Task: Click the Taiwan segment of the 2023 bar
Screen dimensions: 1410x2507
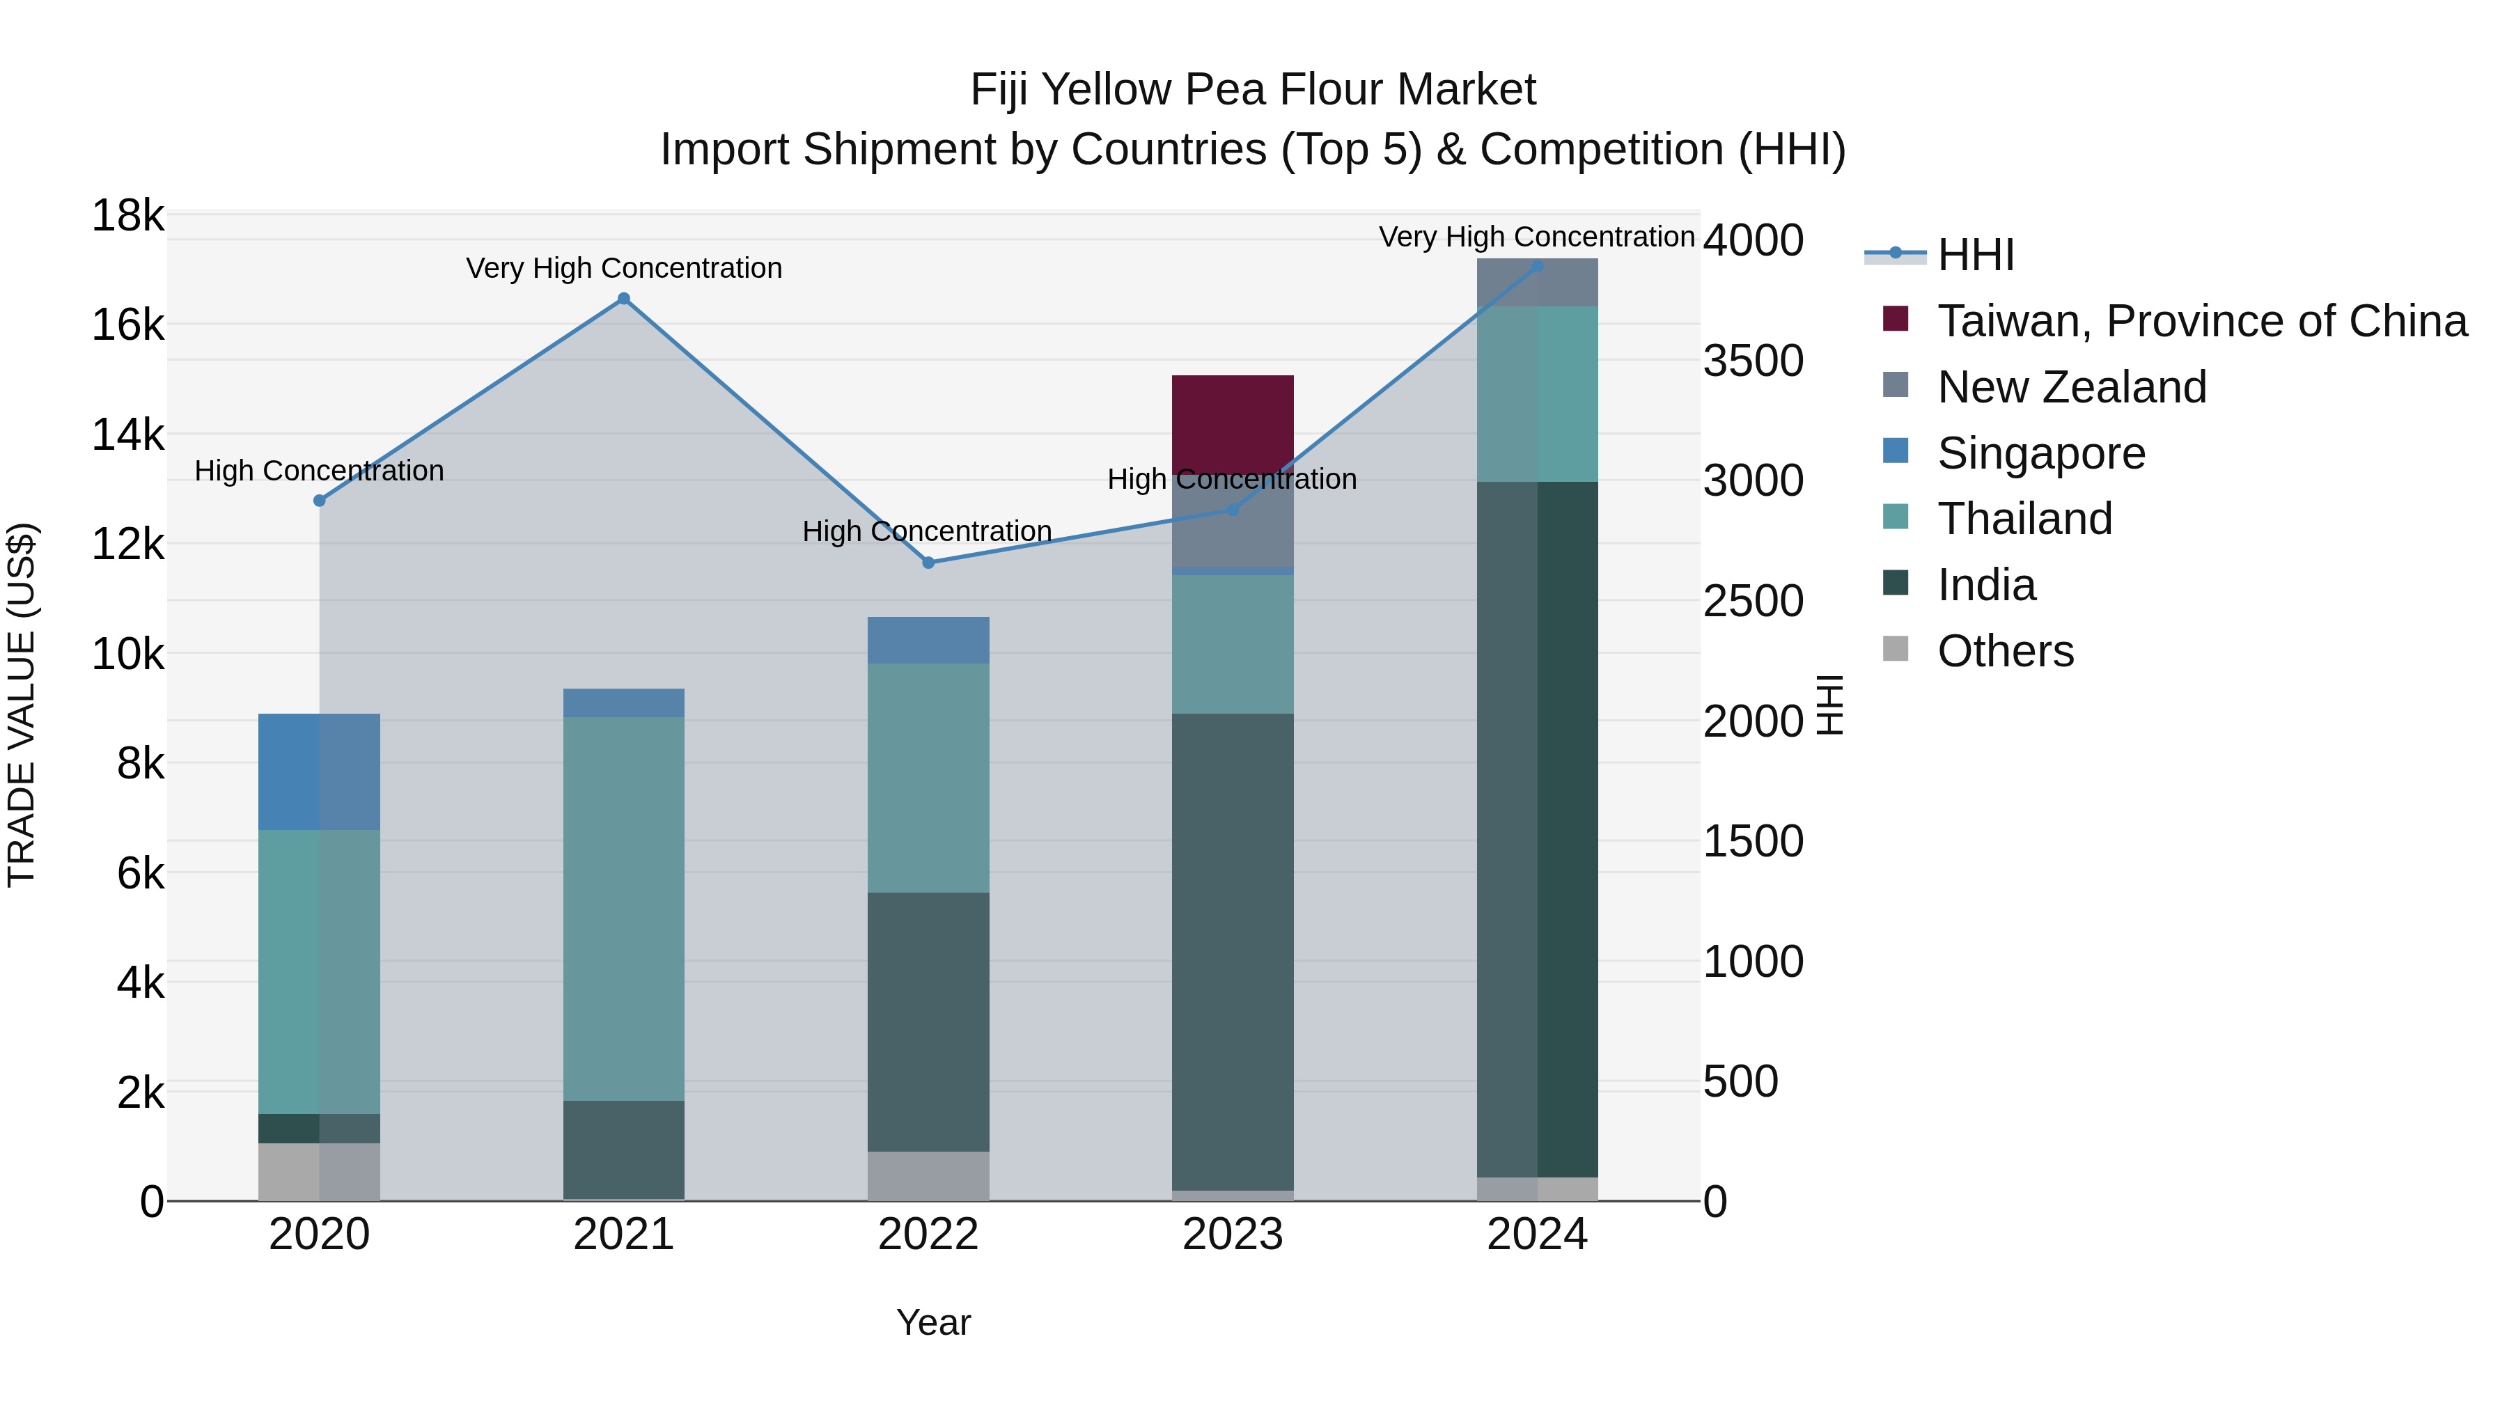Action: point(1232,423)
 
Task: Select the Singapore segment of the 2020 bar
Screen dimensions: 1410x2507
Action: point(319,771)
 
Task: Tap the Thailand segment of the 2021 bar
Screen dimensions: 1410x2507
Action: point(624,909)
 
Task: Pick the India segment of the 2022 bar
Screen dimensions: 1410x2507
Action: point(928,1021)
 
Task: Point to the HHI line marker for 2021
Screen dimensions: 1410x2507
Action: point(624,299)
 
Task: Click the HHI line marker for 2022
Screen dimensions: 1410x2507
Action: point(928,563)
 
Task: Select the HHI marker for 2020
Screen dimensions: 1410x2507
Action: point(319,500)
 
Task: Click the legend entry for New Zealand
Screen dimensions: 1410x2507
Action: point(2071,387)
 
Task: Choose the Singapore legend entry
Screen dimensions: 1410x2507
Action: point(2041,453)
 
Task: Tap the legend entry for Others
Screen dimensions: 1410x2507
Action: point(2005,651)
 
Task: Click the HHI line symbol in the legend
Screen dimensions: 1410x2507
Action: point(1894,255)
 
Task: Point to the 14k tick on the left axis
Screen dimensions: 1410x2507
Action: point(127,435)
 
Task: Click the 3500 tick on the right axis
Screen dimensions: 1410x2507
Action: point(1753,361)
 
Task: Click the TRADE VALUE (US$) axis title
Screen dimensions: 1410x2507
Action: point(22,705)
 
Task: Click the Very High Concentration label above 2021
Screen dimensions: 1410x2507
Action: point(624,269)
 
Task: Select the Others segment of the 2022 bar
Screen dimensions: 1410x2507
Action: point(928,1175)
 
